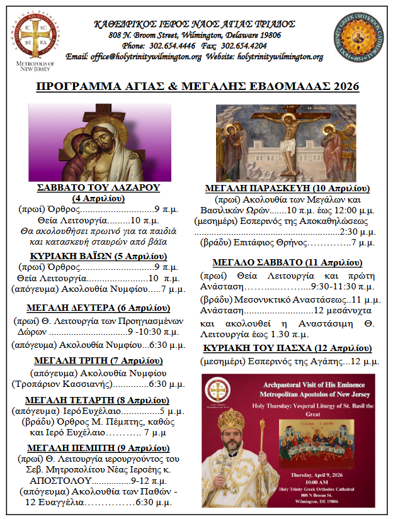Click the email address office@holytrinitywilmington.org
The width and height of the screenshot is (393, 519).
[147, 57]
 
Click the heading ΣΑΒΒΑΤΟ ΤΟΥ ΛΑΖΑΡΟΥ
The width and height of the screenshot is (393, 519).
[99, 187]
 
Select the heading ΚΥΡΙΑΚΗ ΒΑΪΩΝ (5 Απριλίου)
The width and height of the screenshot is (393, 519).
[98, 256]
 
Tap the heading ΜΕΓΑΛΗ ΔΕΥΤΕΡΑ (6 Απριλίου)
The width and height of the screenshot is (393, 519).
[98, 308]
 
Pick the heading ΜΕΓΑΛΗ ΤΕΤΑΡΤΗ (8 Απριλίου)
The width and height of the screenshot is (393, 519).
[98, 399]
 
